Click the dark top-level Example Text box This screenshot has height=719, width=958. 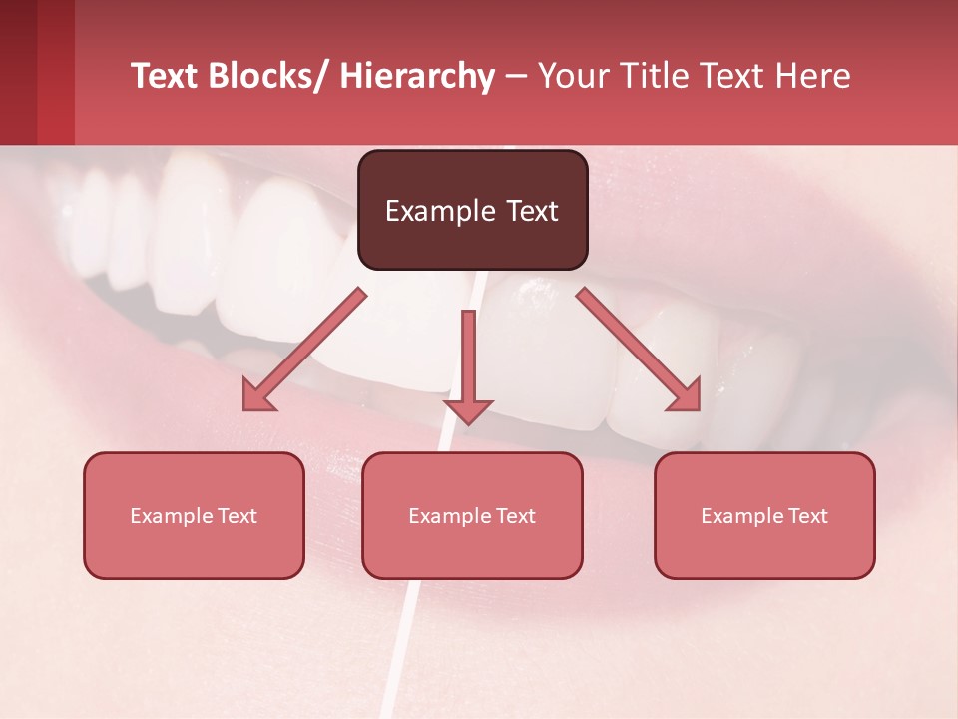tap(472, 210)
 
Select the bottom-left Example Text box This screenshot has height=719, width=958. tap(194, 515)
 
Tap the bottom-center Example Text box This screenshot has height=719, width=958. tap(472, 515)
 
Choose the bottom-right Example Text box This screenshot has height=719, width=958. tap(764, 515)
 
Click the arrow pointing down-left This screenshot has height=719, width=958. tap(304, 350)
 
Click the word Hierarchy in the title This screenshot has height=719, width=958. tap(417, 76)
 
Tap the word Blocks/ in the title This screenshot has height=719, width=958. tap(267, 76)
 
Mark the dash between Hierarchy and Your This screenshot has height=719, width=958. tap(516, 76)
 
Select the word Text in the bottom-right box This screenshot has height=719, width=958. tap(807, 515)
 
